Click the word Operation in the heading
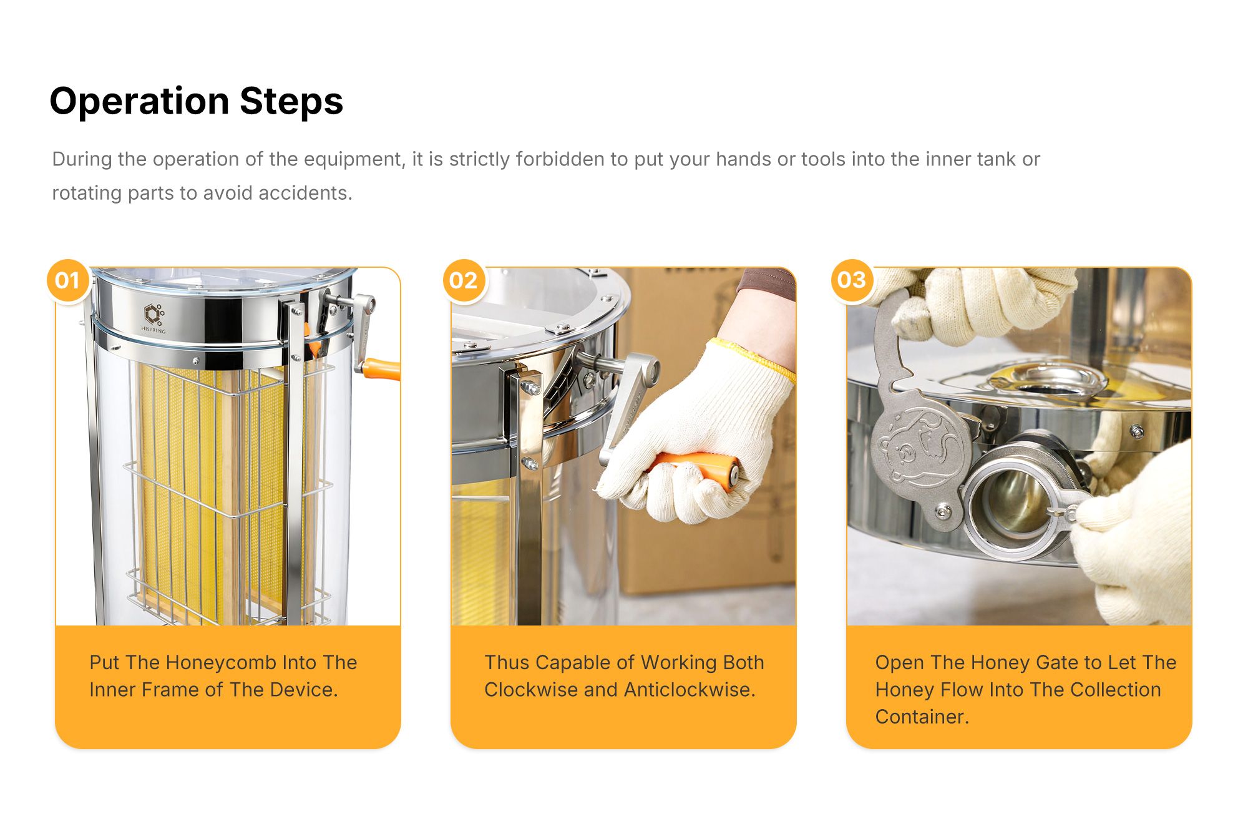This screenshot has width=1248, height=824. [x=139, y=102]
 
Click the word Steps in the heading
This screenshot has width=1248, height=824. [x=291, y=102]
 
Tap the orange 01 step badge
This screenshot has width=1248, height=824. [x=67, y=280]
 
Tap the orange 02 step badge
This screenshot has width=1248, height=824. [x=463, y=280]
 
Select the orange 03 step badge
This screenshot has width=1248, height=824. [x=852, y=280]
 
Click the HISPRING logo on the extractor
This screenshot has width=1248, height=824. [x=154, y=318]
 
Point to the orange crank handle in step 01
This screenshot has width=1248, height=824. [x=381, y=369]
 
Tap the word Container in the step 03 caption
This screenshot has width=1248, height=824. [x=922, y=717]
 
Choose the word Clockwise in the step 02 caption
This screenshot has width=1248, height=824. [x=531, y=690]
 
